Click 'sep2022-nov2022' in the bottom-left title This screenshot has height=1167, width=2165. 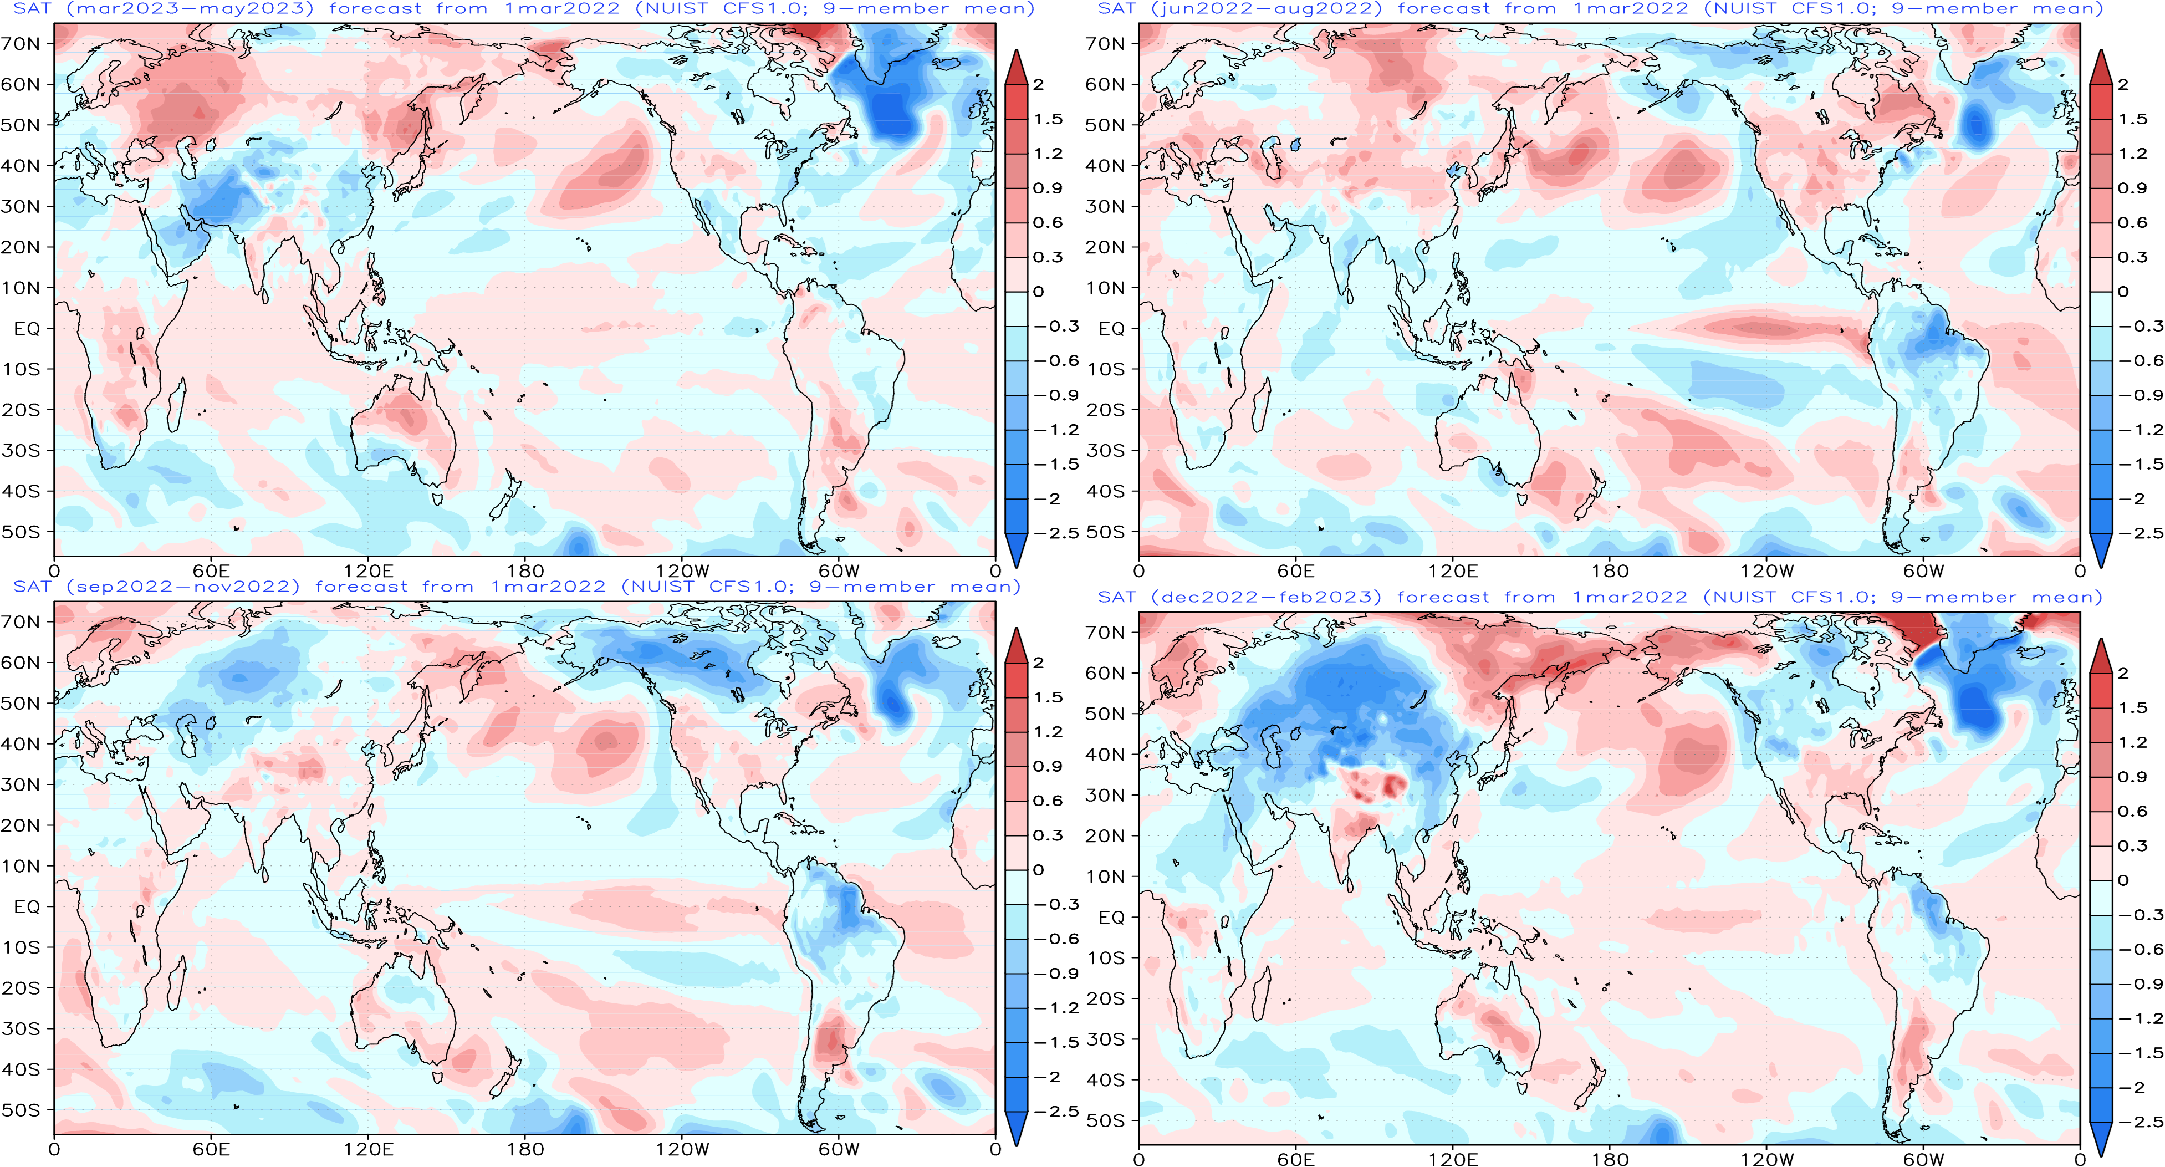(182, 587)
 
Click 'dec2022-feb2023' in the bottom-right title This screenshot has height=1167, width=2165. (1266, 598)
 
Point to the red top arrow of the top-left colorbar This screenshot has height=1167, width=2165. (1016, 67)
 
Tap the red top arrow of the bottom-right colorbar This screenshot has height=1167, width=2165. (2100, 656)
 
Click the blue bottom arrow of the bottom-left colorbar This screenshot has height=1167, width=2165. (1016, 1128)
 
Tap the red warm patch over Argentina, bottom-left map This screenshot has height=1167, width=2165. (830, 1038)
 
